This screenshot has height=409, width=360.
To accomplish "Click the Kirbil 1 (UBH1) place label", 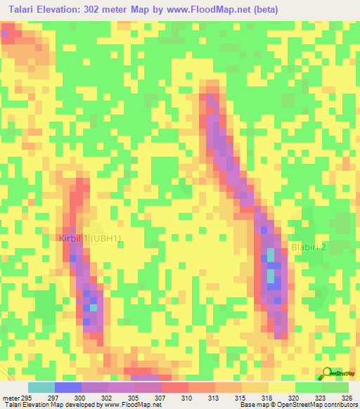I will [89, 238].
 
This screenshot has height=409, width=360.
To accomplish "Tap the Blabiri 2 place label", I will [309, 247].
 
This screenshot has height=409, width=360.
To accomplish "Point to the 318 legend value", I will [266, 398].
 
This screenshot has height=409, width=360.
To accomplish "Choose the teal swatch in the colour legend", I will [41, 387].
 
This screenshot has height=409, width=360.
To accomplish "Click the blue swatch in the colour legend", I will [68, 387].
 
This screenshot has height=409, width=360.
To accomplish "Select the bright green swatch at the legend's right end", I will [335, 387].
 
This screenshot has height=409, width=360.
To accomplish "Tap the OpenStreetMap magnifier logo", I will [328, 373].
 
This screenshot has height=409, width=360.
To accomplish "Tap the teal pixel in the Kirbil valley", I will [92, 306].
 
